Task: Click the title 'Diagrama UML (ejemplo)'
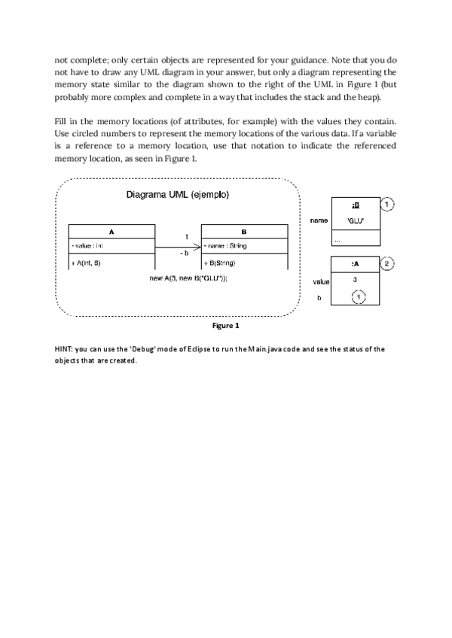click(x=178, y=194)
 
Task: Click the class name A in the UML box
click(x=111, y=232)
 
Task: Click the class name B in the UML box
click(x=243, y=232)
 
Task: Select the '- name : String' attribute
click(x=225, y=246)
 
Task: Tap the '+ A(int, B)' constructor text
click(x=86, y=263)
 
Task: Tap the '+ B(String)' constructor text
click(x=220, y=263)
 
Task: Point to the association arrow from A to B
click(x=178, y=246)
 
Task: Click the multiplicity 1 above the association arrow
click(x=186, y=237)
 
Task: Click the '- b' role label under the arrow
click(x=184, y=254)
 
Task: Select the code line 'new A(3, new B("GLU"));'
click(x=190, y=278)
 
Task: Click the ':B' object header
click(x=356, y=205)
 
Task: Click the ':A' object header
click(x=356, y=264)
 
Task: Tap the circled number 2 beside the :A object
click(x=387, y=263)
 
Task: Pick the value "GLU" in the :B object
click(x=356, y=220)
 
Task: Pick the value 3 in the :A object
click(x=355, y=281)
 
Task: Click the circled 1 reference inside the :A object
click(x=359, y=298)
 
